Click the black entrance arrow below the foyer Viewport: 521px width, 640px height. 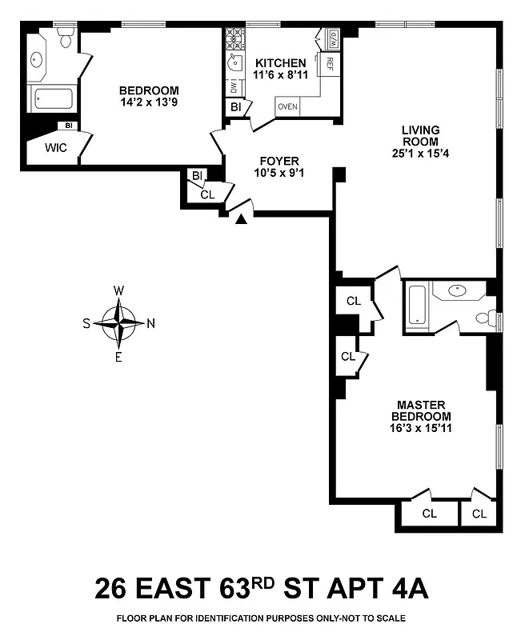pyautogui.click(x=240, y=219)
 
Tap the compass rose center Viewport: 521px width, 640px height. pyautogui.click(x=118, y=323)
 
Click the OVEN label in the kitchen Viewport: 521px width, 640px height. pyautogui.click(x=287, y=106)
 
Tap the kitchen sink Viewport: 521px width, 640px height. pyautogui.click(x=234, y=63)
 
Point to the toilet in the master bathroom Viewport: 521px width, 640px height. pyautogui.click(x=485, y=318)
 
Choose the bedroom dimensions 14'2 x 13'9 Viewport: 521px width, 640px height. pyautogui.click(x=149, y=102)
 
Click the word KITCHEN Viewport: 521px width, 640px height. pyautogui.click(x=280, y=63)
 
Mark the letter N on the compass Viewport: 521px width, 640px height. pyautogui.click(x=150, y=323)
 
